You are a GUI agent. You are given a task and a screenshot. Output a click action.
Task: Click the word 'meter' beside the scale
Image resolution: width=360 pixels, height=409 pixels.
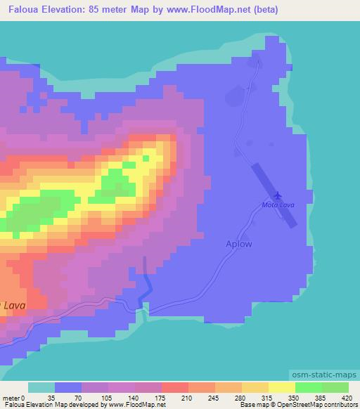11,397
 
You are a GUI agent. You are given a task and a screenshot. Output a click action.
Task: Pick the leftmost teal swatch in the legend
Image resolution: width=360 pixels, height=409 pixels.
41,387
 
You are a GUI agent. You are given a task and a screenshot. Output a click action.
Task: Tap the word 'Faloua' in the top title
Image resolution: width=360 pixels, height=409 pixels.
22,10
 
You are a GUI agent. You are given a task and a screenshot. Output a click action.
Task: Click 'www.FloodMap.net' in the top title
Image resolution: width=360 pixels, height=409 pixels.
212,10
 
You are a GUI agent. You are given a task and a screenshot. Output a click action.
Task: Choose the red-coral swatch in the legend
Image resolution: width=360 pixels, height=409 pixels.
174,387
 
